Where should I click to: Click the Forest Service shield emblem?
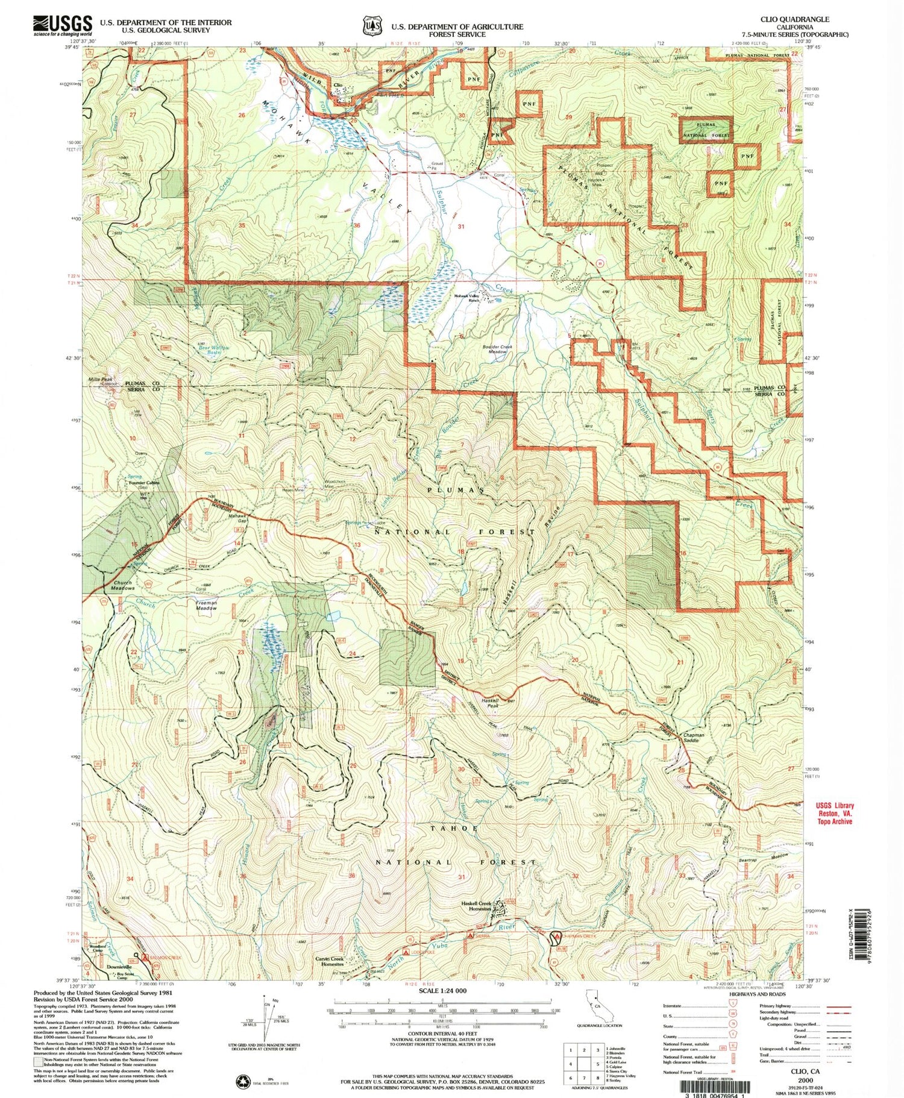click(x=372, y=26)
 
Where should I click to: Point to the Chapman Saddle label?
click(x=690, y=737)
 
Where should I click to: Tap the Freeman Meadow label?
click(x=206, y=605)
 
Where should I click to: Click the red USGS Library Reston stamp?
click(x=835, y=813)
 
